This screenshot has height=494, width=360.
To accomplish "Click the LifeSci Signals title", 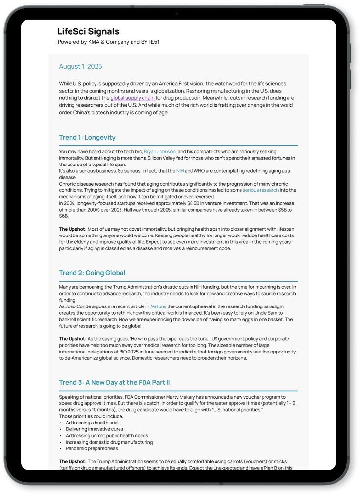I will [88, 32].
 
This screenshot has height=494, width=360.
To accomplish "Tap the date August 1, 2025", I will [80, 66].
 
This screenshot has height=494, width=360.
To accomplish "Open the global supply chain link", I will [132, 98].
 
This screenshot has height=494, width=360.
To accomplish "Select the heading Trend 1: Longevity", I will [87, 137].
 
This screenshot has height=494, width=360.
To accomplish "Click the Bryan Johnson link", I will [160, 152].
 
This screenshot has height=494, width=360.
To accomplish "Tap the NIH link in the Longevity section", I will [180, 171].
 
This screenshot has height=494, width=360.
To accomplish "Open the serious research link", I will [261, 190].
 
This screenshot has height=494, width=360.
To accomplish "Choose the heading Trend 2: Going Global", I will [92, 273].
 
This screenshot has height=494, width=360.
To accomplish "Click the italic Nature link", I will [158, 306].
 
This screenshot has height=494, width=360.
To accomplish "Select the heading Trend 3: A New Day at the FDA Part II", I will [115, 383].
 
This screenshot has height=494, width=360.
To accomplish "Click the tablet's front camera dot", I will [176, 14].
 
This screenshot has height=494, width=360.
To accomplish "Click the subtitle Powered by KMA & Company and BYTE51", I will [108, 42].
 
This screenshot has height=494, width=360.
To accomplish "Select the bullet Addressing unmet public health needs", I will [107, 436].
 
